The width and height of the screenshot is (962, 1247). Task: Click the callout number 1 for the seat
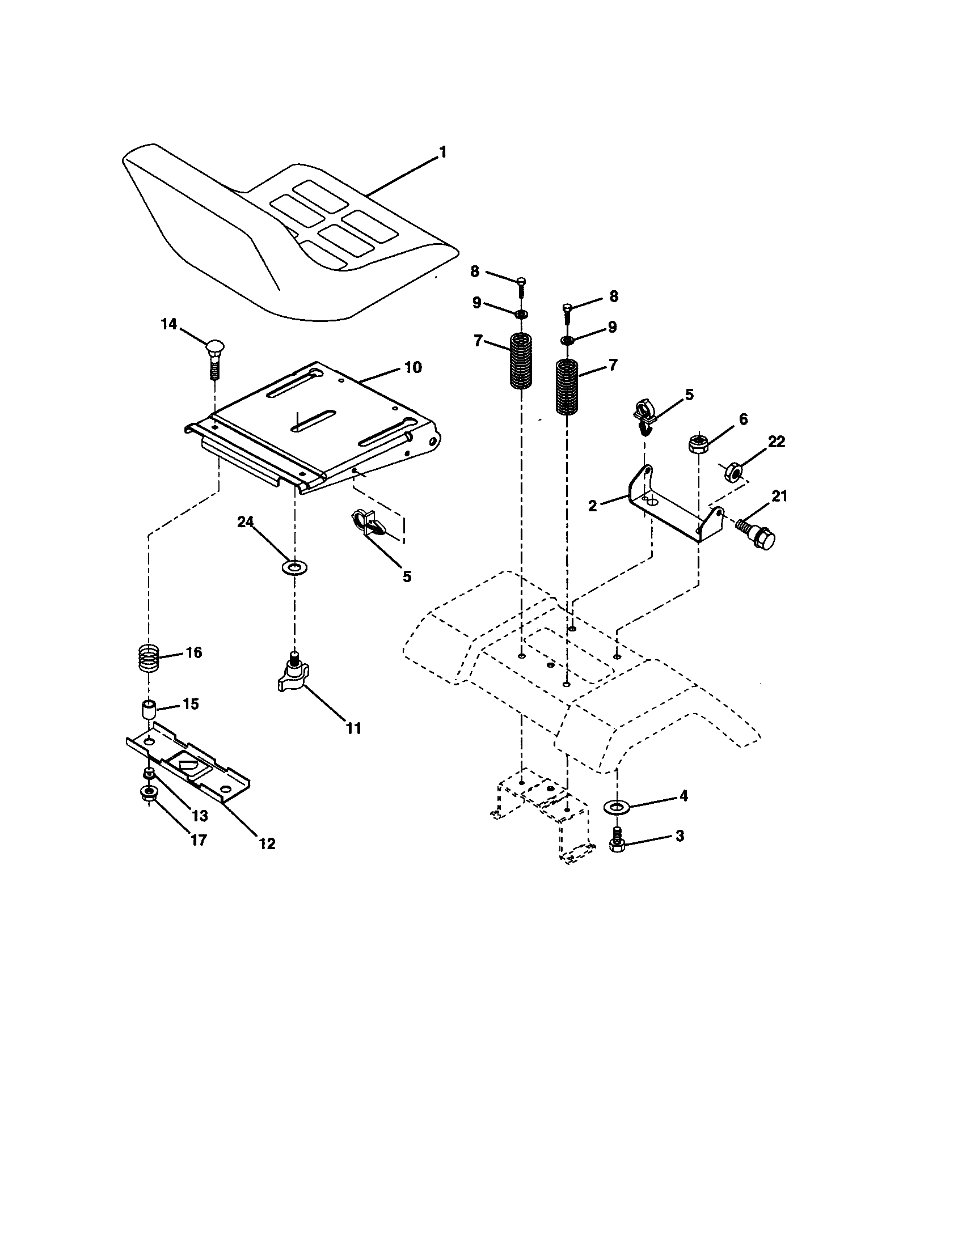coord(442,153)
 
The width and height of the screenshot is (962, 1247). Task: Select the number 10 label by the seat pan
coord(412,367)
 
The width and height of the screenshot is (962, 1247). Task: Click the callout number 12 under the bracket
coord(267,843)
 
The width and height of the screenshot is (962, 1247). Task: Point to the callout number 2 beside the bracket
coord(592,505)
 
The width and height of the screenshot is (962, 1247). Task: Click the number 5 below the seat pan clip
coord(406,576)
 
